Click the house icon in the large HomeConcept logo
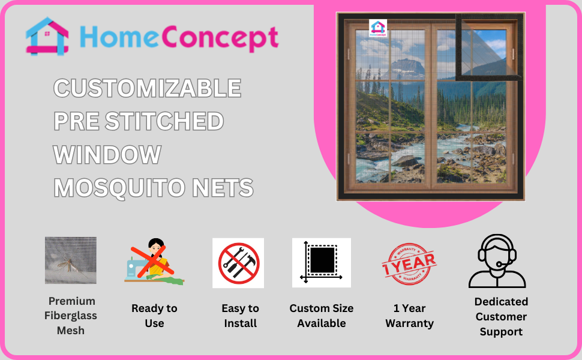click(x=47, y=37)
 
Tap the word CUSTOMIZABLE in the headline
click(x=148, y=88)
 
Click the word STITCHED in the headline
click(x=164, y=121)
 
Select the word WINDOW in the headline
click(x=107, y=154)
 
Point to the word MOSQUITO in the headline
click(x=119, y=188)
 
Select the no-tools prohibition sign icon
click(x=239, y=263)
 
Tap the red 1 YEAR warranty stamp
click(x=409, y=264)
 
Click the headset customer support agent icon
click(x=497, y=261)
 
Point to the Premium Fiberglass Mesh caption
click(x=71, y=316)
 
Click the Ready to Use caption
click(x=154, y=316)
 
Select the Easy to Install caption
click(x=240, y=316)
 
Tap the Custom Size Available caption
click(x=322, y=316)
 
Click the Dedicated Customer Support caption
click(x=501, y=317)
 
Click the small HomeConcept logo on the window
click(x=378, y=28)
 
